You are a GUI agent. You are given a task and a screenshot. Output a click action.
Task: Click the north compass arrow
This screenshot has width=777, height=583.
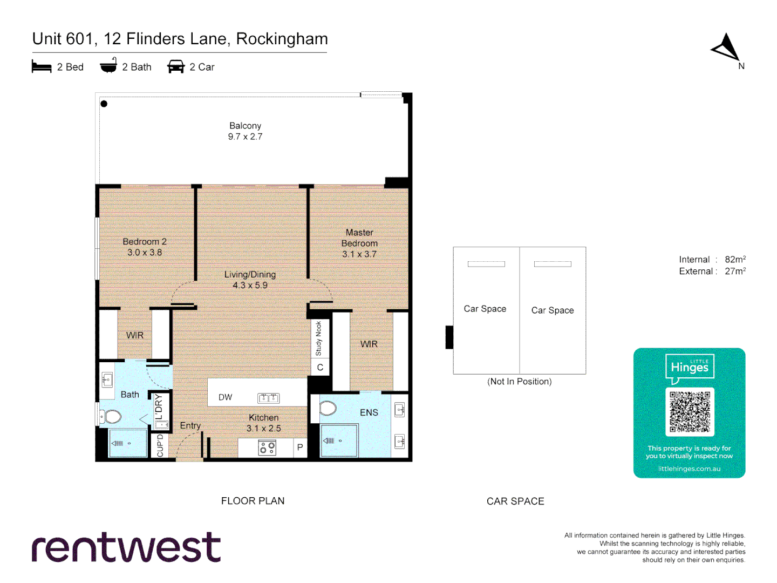(x=726, y=48)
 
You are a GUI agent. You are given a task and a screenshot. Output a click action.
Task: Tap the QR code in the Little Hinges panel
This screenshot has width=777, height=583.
(x=690, y=411)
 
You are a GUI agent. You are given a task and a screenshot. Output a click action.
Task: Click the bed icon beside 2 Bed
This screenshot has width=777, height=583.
(x=42, y=67)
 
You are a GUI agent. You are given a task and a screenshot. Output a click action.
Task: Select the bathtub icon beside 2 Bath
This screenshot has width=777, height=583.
(x=108, y=66)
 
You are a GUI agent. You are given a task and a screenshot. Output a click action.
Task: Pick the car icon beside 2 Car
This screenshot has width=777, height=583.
(x=176, y=66)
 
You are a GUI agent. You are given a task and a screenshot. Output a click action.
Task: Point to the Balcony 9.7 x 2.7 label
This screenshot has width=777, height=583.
(x=245, y=131)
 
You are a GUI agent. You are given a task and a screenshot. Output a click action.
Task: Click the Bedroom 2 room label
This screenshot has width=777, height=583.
(x=145, y=247)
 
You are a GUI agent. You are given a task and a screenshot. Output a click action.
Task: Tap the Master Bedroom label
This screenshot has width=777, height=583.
(x=359, y=243)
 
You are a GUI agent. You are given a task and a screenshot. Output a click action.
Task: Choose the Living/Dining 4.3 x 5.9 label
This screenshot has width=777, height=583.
(x=250, y=280)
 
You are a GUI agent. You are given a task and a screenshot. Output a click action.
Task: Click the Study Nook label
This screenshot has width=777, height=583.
(x=319, y=338)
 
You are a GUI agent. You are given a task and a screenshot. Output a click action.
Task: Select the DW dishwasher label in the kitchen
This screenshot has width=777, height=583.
(x=225, y=397)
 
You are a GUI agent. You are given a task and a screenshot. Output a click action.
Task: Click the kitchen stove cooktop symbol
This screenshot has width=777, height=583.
(x=267, y=448)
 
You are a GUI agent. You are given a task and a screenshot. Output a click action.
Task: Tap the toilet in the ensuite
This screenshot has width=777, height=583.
(x=328, y=409)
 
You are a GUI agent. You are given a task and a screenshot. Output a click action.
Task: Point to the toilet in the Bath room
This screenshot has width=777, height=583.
(x=112, y=416)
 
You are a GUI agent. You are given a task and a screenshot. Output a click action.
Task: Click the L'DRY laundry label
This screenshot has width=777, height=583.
(x=159, y=406)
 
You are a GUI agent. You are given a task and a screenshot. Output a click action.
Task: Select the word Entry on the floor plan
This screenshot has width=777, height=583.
(x=190, y=425)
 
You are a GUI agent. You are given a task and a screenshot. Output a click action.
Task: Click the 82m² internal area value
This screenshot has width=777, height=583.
(x=735, y=260)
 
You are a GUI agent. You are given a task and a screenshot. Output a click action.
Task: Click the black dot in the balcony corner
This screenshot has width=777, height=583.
(x=104, y=104)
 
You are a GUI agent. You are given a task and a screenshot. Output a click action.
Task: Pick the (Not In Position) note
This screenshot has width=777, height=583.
(x=519, y=382)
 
